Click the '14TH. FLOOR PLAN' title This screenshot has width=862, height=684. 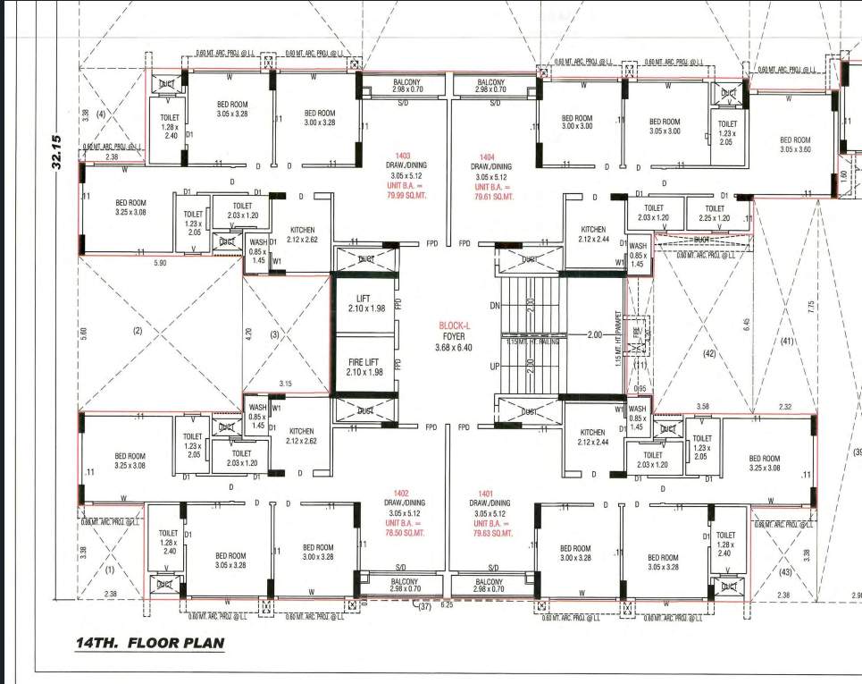tap(150, 642)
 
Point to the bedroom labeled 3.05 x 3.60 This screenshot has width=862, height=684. tap(794, 145)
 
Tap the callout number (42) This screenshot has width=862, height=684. tap(709, 354)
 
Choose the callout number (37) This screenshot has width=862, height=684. tap(423, 607)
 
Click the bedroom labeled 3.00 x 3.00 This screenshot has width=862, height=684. tap(576, 122)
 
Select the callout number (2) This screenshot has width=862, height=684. tap(137, 331)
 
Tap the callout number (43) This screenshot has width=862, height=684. tap(785, 571)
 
